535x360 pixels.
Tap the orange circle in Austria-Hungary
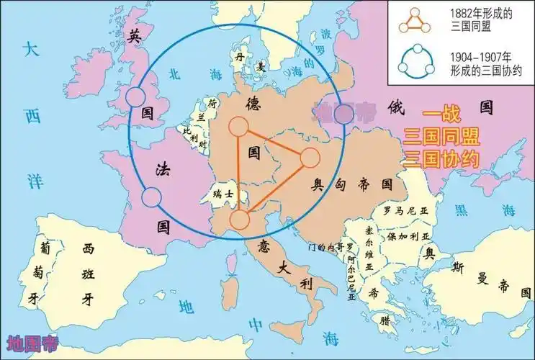coord(310,158)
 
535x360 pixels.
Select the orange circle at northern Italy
coord(240,220)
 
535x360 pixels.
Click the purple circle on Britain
coord(135,96)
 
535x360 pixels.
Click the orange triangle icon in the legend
coord(413,22)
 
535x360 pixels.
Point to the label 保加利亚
coord(409,236)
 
